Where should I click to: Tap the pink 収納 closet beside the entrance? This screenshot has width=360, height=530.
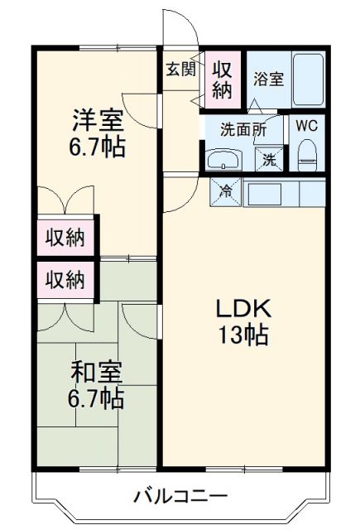tap(223, 78)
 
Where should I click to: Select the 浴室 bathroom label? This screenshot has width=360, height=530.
tap(268, 79)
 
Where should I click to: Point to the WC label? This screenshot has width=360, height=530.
tap(307, 127)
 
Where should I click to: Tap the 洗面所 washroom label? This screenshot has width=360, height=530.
tap(242, 129)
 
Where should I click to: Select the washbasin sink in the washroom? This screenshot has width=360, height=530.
tap(223, 158)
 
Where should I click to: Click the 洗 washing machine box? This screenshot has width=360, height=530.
tap(269, 158)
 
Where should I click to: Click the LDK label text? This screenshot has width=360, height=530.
tap(243, 308)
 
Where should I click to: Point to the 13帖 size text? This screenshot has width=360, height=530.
tap(243, 336)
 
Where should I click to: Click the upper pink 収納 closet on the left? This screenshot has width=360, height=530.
tap(65, 238)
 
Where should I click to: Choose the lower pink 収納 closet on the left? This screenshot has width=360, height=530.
tap(65, 279)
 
